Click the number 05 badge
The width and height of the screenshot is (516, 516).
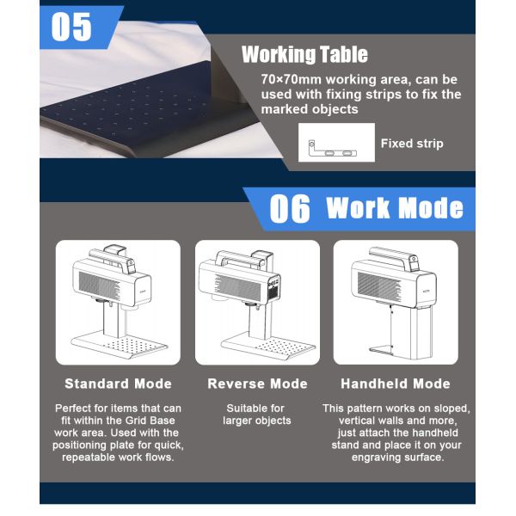71,27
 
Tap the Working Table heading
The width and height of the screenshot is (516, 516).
304,54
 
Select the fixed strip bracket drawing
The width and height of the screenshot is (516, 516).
332,149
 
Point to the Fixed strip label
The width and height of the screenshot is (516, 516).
412,144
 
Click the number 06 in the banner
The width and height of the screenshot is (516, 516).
290,208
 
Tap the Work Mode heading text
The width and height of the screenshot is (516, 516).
395,208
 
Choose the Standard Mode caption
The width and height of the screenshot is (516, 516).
118,384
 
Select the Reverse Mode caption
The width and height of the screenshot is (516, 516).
257,384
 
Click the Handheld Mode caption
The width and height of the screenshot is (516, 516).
396,384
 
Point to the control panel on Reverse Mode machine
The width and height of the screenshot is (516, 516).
273,287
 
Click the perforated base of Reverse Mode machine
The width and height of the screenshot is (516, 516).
269,346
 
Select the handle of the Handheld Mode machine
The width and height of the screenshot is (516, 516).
393,256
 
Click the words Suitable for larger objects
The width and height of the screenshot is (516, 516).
256,415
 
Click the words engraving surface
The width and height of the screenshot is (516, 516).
398,458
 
